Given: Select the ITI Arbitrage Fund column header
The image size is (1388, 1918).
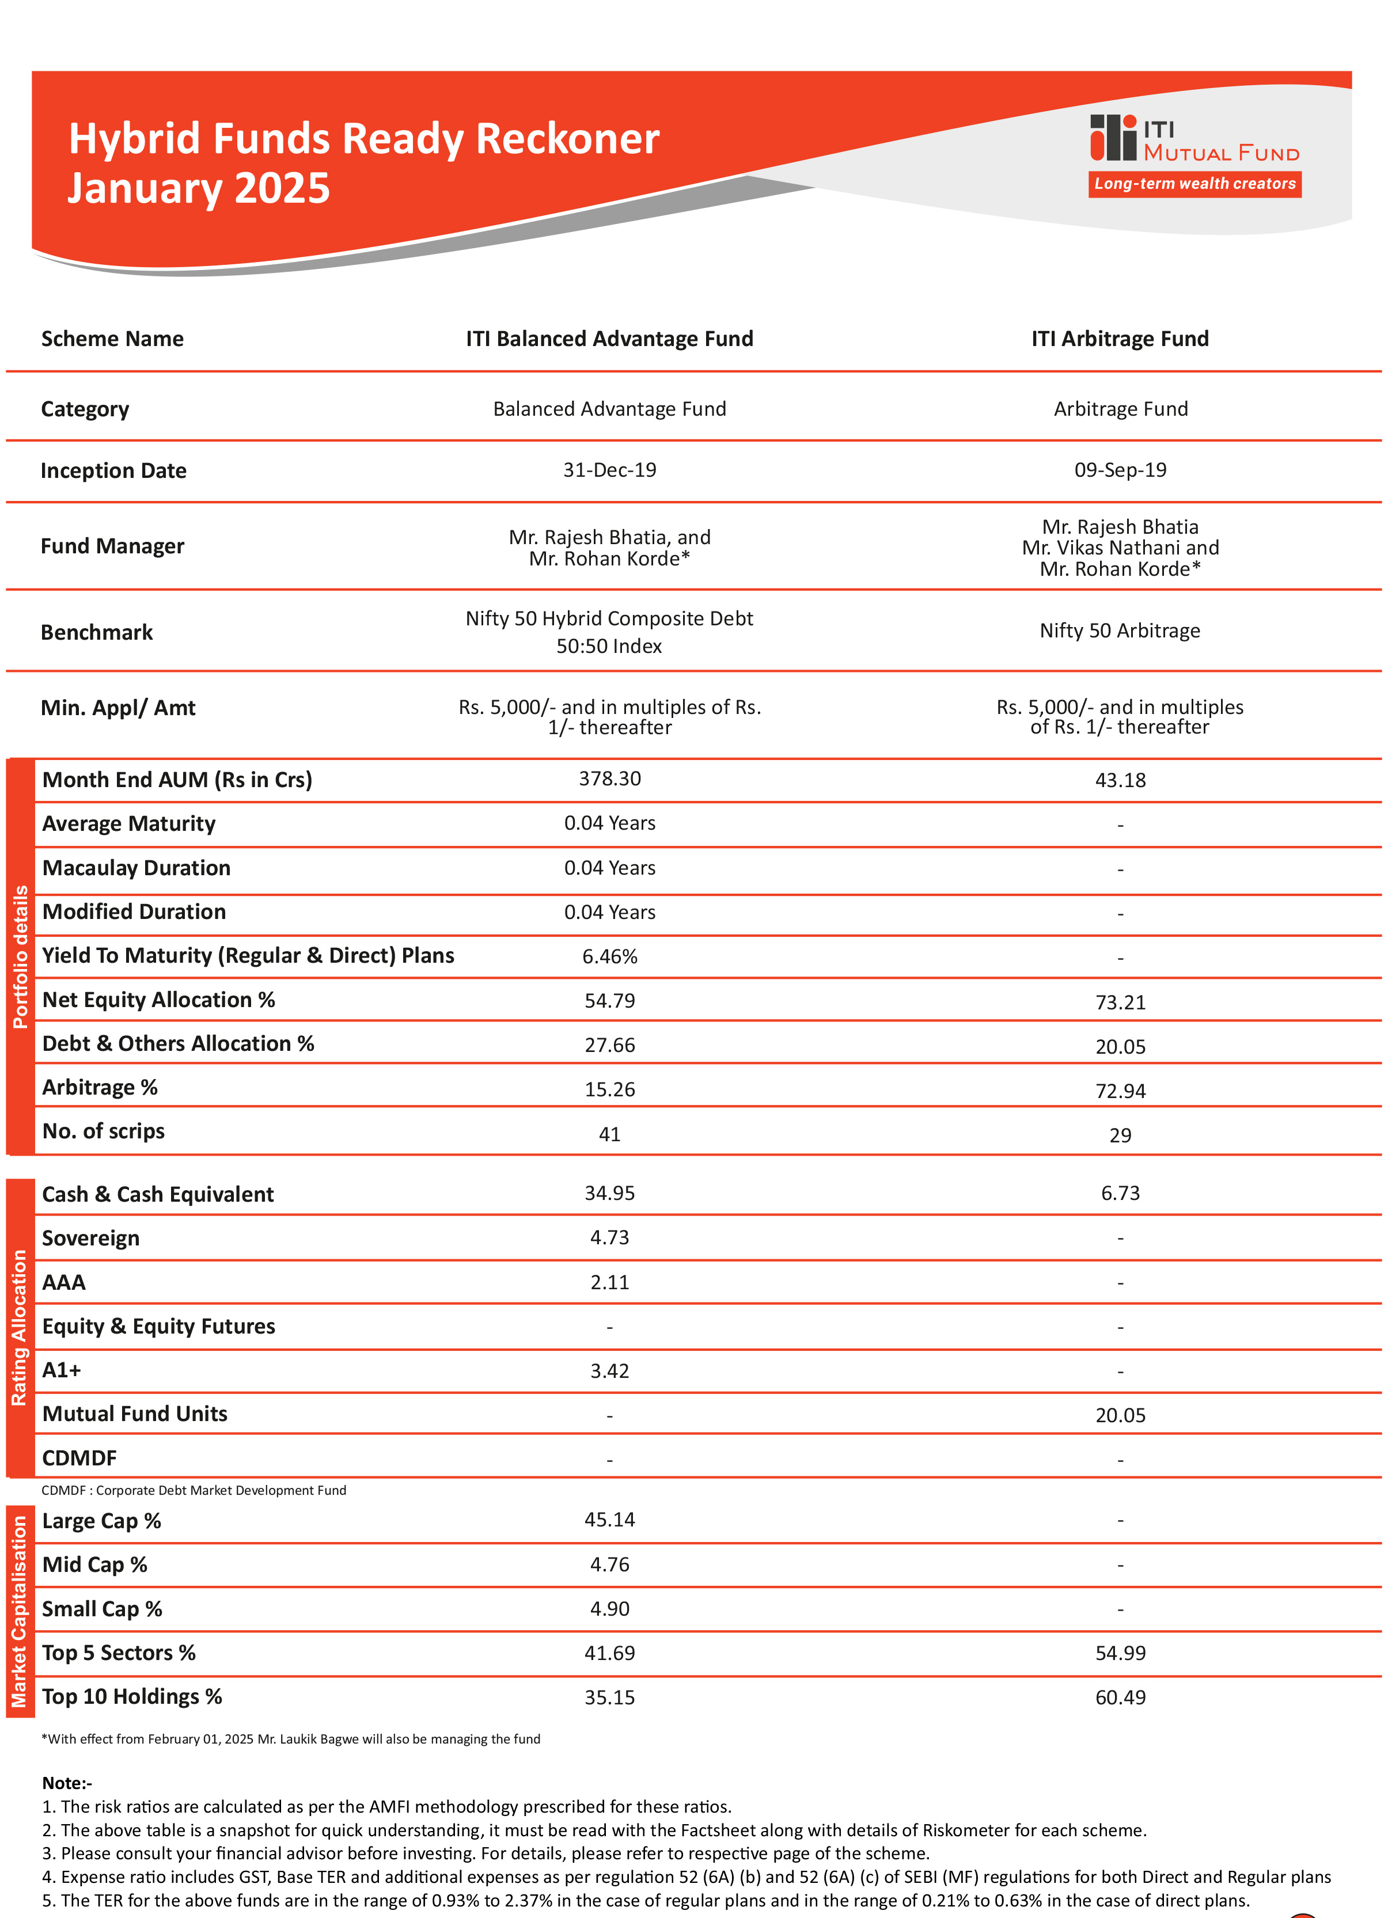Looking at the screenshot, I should pos(1119,339).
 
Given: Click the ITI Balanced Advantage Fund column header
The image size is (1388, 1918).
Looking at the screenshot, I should pos(609,339).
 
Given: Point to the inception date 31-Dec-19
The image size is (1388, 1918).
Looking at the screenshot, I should pos(609,470).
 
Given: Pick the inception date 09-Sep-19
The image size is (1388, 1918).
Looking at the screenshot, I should pos(1119,470).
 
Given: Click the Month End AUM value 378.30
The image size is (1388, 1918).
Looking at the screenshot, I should pos(609,779).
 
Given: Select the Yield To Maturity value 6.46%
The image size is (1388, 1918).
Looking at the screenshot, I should pos(609,956).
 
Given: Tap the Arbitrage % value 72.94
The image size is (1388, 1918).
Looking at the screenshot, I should pos(1119,1091).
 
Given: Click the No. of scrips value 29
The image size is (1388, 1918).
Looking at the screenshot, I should pos(1119,1135).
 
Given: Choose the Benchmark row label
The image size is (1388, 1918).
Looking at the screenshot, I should pos(96,633).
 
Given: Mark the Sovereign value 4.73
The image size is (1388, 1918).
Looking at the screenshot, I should pos(609,1238).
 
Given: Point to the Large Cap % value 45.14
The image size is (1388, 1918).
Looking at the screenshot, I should pos(609,1520).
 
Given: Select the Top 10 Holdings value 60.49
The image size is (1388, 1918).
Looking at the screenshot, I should pos(1119,1697).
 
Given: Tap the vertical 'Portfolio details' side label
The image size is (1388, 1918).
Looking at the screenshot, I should pos(20,956).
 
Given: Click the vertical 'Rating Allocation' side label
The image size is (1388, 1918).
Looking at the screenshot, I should pos(20,1328).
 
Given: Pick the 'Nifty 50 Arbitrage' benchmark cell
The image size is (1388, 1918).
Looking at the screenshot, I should pos(1119,631).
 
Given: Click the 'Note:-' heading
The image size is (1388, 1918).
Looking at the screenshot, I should pos(67,1783).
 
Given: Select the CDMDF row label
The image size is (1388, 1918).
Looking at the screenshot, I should pos(79,1458).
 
